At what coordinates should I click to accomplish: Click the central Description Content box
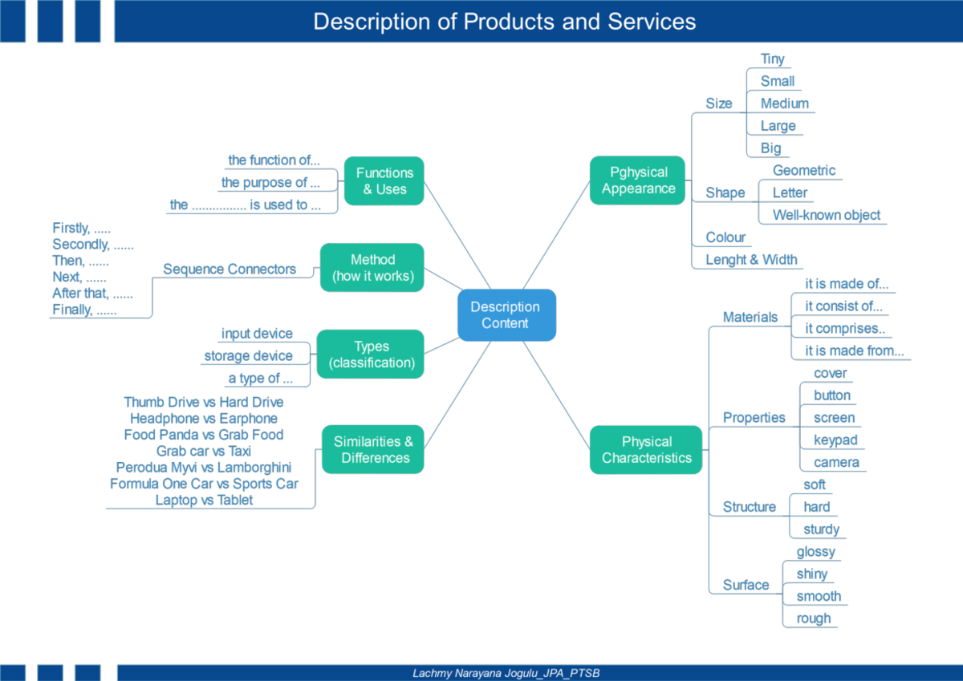click(506, 315)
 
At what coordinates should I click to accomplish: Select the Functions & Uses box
click(384, 181)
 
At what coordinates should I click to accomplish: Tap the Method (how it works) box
click(372, 268)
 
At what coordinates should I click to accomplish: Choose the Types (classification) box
click(371, 354)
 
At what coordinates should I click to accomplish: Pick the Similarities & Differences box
click(373, 449)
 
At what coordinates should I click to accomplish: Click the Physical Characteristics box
click(646, 450)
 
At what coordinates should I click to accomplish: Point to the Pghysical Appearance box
click(637, 180)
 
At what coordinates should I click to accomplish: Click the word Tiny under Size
click(772, 59)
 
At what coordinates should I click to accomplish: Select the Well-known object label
click(827, 215)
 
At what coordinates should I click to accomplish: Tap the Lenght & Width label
click(751, 260)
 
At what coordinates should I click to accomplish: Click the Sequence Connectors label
click(230, 269)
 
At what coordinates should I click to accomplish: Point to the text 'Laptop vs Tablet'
click(204, 500)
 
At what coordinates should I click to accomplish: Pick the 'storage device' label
click(248, 356)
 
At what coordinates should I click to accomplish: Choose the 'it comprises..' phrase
click(845, 328)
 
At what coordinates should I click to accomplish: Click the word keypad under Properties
click(835, 440)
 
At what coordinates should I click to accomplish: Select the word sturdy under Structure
click(821, 529)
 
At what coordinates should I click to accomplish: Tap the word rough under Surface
click(814, 618)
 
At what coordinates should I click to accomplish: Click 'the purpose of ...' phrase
click(270, 183)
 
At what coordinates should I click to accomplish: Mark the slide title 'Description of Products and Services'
click(504, 22)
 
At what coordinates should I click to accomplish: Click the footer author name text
click(506, 673)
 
